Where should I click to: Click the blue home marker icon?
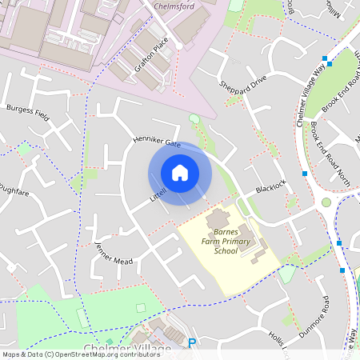coord(179,172)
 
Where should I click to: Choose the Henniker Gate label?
coord(157,142)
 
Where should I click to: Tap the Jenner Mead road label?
coord(112,254)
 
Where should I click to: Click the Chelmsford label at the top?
coord(175,6)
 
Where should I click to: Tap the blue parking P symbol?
coord(191,343)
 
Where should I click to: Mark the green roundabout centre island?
coord(326,202)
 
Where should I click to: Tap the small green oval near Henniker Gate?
coord(194,119)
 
